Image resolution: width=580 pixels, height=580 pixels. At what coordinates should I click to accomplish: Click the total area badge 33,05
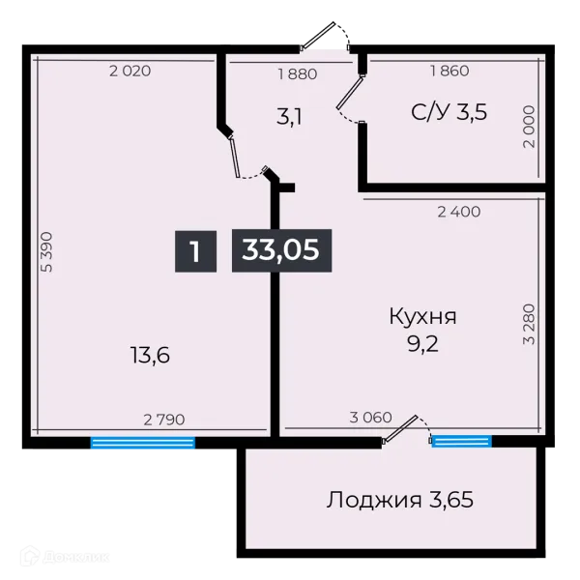click(281, 251)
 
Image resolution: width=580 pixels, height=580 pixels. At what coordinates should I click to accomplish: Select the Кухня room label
click(422, 317)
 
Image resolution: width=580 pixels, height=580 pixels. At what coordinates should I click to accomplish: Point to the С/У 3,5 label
click(449, 112)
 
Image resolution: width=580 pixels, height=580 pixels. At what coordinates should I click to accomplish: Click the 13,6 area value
click(150, 356)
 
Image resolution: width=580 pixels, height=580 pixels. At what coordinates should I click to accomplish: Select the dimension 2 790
click(163, 420)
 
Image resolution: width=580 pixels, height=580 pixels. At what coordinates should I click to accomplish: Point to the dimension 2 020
click(130, 72)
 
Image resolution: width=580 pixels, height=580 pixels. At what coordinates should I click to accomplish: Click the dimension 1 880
click(298, 72)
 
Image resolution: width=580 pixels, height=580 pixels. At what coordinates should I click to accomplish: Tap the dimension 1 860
click(449, 72)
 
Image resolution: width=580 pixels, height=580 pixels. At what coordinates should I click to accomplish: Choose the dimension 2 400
click(458, 211)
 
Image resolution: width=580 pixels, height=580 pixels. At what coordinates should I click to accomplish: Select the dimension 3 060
click(370, 419)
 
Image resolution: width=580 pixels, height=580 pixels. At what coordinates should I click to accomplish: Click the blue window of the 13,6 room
click(143, 444)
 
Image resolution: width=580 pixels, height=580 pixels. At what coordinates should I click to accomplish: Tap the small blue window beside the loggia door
click(461, 442)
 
